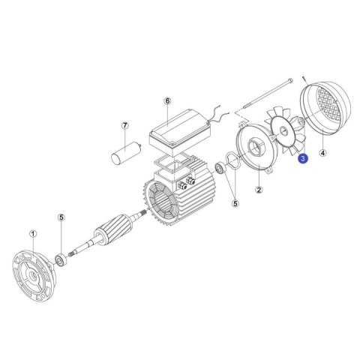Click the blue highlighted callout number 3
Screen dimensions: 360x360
tap(303, 158)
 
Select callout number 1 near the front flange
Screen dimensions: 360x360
tap(33, 234)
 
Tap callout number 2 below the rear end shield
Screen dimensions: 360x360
tap(259, 190)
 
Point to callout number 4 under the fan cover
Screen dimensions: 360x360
tap(323, 152)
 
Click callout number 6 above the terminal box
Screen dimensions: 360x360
tap(167, 101)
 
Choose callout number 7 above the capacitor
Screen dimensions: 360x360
tap(125, 125)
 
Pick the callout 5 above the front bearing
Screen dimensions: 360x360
tap(61, 217)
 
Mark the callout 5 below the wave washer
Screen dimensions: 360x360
tap(235, 203)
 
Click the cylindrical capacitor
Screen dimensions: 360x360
tap(126, 153)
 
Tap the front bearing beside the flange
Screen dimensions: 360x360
tap(60, 259)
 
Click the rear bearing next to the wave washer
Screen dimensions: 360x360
tap(220, 168)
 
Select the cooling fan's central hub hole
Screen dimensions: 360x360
tap(283, 130)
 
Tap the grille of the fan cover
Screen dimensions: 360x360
tap(329, 104)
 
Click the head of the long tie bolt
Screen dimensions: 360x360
tap(290, 80)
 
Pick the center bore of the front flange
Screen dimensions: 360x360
tap(32, 276)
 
